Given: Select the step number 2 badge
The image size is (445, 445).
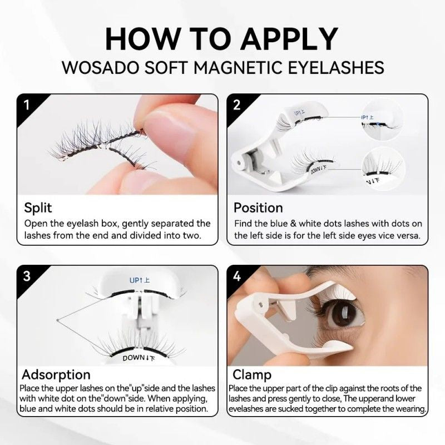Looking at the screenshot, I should coord(236,104).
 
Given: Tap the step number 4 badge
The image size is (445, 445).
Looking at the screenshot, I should coord(236,275).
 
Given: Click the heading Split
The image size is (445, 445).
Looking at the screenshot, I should coord(38,208).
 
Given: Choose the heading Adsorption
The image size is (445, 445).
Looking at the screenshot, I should coord(56,374).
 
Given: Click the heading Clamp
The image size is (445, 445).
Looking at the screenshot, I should coord(252,374).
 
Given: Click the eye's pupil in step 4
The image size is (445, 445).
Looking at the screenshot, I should coord(334,316).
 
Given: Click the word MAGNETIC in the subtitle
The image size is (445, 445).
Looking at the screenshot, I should coord(234,67).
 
